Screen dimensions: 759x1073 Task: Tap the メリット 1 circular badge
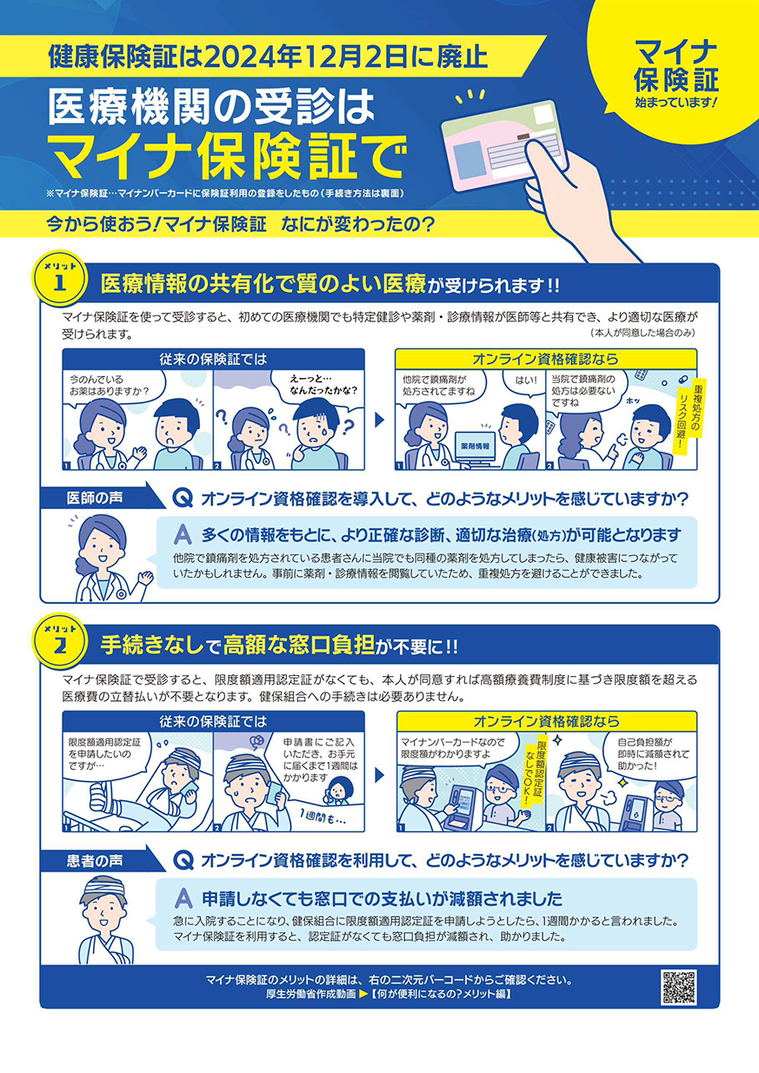pyautogui.click(x=59, y=278)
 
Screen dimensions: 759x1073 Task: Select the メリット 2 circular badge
pyautogui.click(x=59, y=641)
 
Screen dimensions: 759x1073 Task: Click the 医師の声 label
pyautogui.click(x=95, y=498)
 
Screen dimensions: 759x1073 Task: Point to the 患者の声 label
pyautogui.click(x=95, y=861)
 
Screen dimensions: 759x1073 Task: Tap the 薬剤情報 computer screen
pyautogui.click(x=475, y=447)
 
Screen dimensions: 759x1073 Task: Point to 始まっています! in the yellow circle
pyautogui.click(x=676, y=102)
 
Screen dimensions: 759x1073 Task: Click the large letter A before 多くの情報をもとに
pyautogui.click(x=183, y=534)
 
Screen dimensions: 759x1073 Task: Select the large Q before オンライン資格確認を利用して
pyautogui.click(x=183, y=860)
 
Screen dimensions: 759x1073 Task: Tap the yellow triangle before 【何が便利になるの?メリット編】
pyautogui.click(x=363, y=994)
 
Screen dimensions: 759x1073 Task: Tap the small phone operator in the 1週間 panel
pyautogui.click(x=339, y=791)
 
